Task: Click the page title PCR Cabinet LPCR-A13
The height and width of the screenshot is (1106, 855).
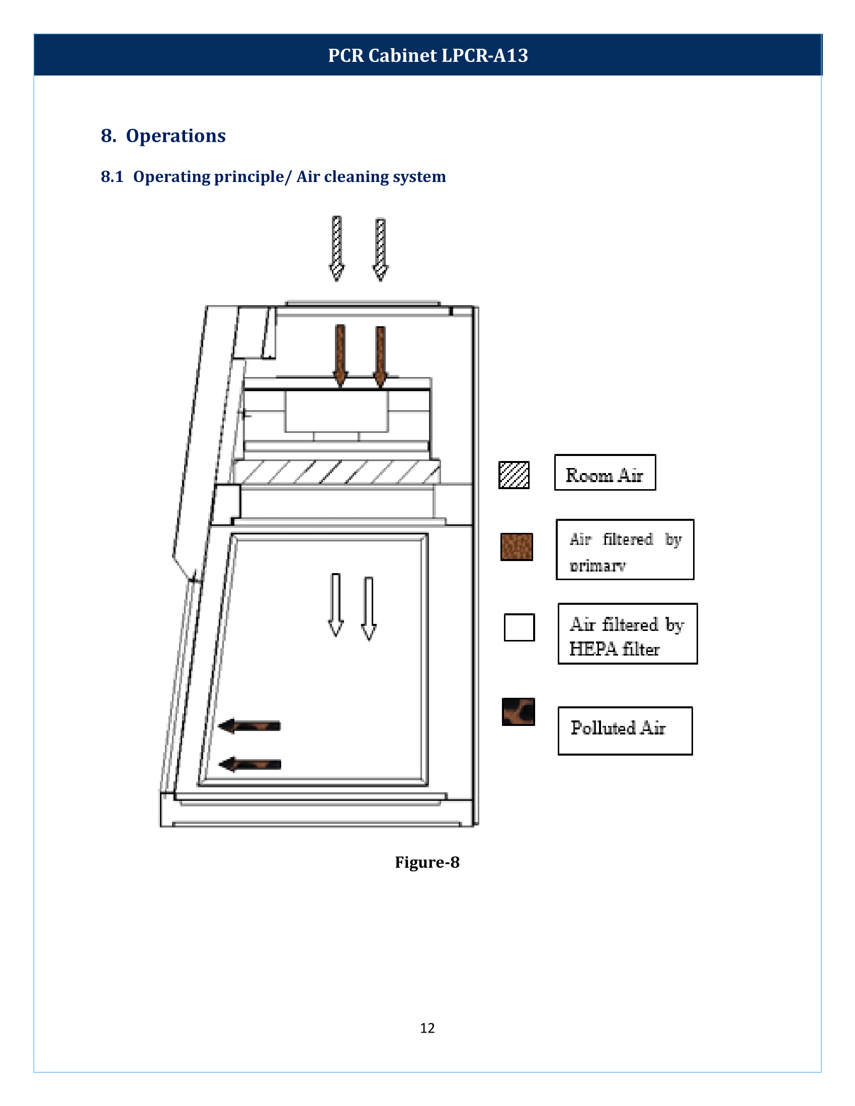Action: click(x=427, y=55)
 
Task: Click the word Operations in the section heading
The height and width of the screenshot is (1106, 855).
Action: click(x=175, y=136)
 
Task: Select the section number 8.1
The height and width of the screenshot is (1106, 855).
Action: click(x=112, y=177)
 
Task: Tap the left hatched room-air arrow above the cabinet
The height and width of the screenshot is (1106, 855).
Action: click(x=337, y=248)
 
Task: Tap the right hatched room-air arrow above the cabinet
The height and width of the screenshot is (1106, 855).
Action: click(x=380, y=249)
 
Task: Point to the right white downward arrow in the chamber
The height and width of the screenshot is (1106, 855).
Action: click(x=369, y=608)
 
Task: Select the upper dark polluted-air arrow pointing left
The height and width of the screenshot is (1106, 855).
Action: click(x=250, y=725)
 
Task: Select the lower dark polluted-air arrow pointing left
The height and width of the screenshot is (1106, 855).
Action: click(x=250, y=764)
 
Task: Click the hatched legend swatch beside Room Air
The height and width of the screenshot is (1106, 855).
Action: click(x=514, y=475)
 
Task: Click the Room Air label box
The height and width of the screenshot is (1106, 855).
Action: click(x=605, y=473)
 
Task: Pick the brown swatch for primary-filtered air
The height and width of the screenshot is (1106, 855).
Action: click(x=517, y=547)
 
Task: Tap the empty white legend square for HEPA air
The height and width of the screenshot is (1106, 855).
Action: click(x=519, y=627)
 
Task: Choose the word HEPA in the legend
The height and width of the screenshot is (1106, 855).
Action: click(x=593, y=649)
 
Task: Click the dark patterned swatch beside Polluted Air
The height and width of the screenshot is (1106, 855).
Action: click(x=518, y=711)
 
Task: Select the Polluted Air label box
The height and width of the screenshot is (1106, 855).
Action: click(x=625, y=731)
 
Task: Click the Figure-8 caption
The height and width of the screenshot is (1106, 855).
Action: click(x=427, y=862)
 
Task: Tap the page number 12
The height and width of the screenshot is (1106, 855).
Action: click(x=427, y=1028)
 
